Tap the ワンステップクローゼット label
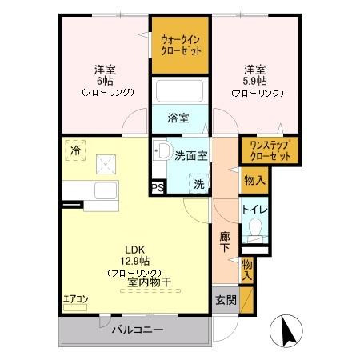click(x=270, y=151)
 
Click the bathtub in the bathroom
click(x=181, y=93)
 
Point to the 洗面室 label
click(x=191, y=156)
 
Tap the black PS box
click(x=158, y=189)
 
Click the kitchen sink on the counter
click(x=106, y=193)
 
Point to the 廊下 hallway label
click(x=226, y=242)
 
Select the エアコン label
click(x=76, y=299)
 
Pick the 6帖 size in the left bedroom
click(x=104, y=81)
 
